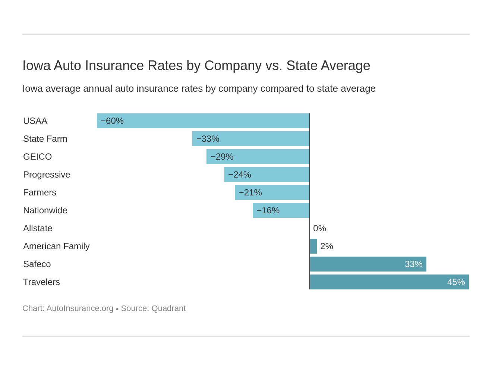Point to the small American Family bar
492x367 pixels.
pos(313,246)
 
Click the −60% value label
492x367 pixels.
pos(112,121)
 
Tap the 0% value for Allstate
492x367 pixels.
pos(319,228)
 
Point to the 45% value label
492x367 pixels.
pos(456,282)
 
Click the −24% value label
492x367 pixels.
pos(240,175)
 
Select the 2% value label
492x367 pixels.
pos(327,246)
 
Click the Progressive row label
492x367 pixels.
pos(47,175)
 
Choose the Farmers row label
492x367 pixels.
pos(40,192)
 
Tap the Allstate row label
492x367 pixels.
pos(38,228)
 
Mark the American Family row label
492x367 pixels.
pos(56,246)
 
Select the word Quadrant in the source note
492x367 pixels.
pos(168,308)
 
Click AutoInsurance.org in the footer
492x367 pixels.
pos(80,308)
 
